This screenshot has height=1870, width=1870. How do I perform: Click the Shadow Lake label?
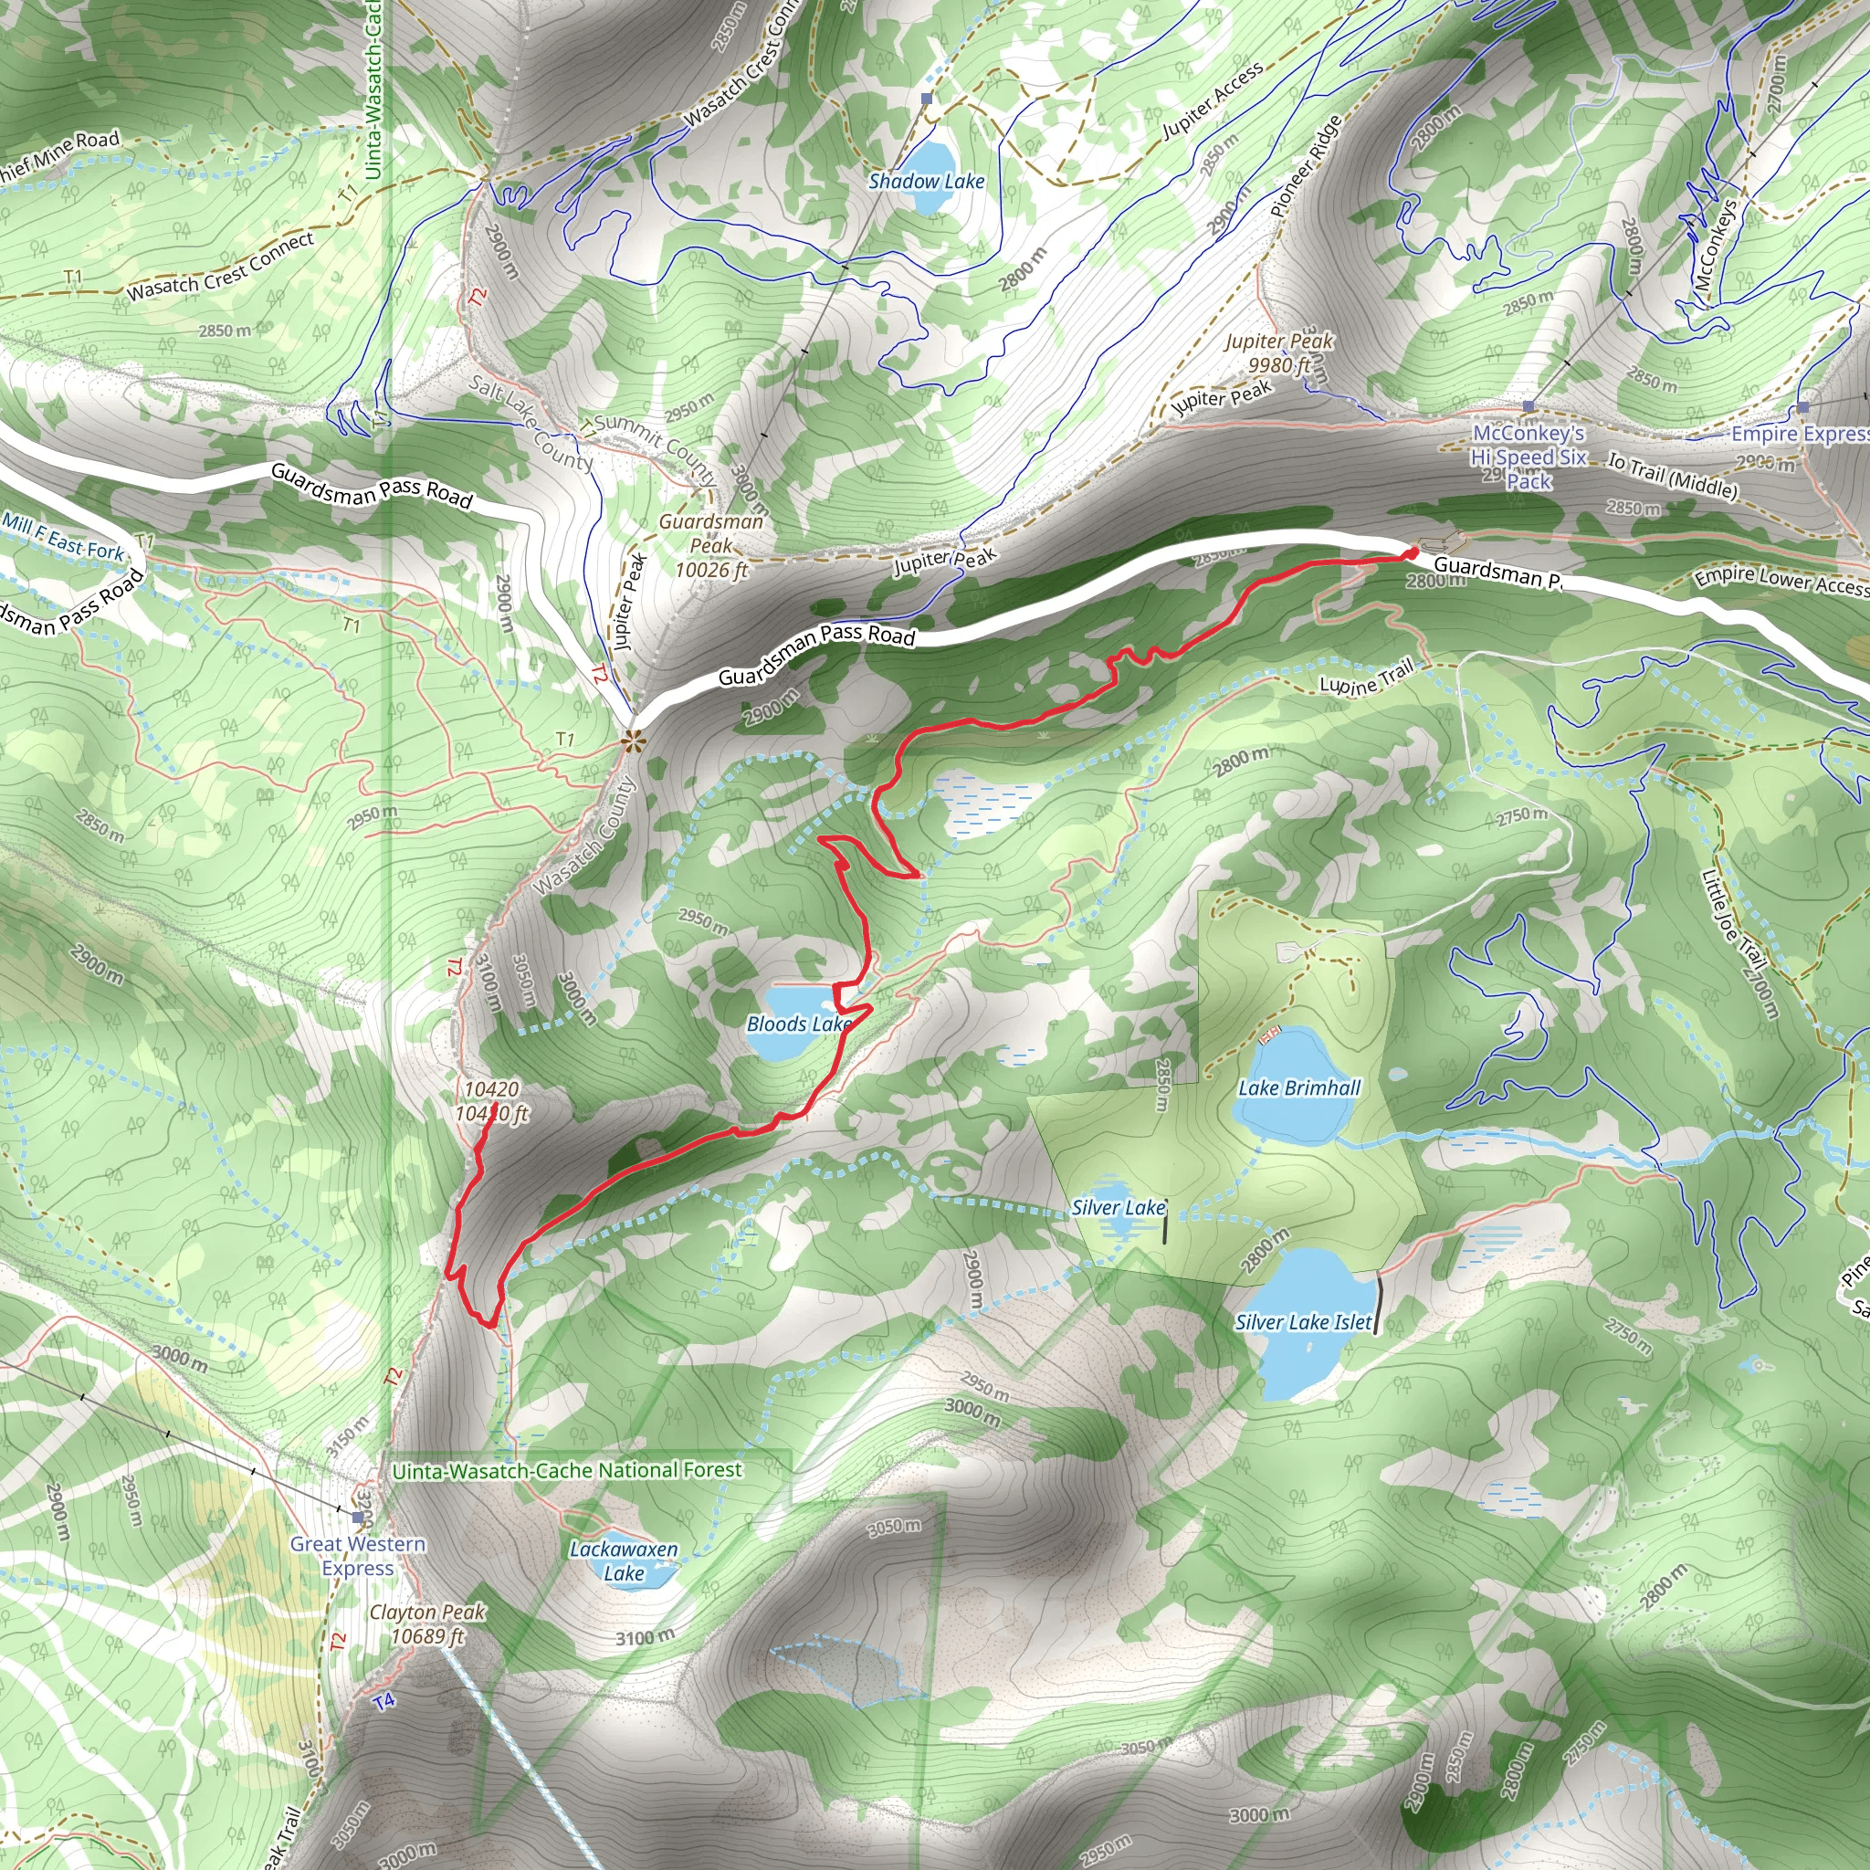click(x=926, y=181)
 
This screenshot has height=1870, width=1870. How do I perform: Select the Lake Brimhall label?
click(x=1299, y=1087)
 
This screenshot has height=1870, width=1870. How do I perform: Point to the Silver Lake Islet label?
click(x=1303, y=1322)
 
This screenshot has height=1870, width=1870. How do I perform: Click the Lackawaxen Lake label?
click(x=624, y=1561)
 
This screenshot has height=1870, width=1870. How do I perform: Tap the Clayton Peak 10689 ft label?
click(x=428, y=1624)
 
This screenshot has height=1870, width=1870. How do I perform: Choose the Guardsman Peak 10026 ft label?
click(x=711, y=546)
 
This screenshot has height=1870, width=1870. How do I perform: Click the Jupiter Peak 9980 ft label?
click(x=1278, y=353)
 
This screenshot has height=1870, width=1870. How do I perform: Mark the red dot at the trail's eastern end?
click(x=1412, y=552)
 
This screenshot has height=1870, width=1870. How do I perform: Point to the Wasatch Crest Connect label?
click(x=221, y=267)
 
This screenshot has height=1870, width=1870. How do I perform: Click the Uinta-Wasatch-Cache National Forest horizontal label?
click(x=566, y=1470)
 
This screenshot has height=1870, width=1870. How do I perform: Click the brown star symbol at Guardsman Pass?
click(x=633, y=743)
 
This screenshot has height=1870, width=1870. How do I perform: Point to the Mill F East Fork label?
click(x=64, y=538)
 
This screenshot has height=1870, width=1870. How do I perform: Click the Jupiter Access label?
click(x=1212, y=100)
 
